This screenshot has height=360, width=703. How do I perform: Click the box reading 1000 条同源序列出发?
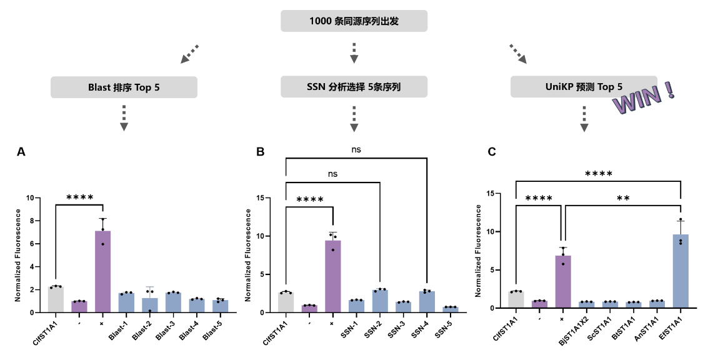354,21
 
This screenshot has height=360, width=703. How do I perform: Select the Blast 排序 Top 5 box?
124,87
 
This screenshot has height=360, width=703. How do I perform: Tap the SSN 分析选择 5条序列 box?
354,86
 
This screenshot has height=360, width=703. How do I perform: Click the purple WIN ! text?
644,98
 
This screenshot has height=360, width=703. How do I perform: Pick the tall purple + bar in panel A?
102,272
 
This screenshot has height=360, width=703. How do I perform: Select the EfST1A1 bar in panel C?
681,271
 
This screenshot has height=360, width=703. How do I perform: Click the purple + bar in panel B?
332,277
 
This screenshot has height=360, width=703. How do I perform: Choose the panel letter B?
260,152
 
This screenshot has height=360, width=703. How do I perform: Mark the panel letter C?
492,152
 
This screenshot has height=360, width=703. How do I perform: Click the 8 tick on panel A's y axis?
31,221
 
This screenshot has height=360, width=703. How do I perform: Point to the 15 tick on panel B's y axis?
259,197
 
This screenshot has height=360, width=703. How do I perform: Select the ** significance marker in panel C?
623,198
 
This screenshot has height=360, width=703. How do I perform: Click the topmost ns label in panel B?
356,150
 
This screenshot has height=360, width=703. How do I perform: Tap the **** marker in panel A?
80,197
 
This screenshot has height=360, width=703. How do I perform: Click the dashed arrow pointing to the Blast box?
189,54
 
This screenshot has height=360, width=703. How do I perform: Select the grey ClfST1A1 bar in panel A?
56,299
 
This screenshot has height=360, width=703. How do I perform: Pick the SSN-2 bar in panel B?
380,301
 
